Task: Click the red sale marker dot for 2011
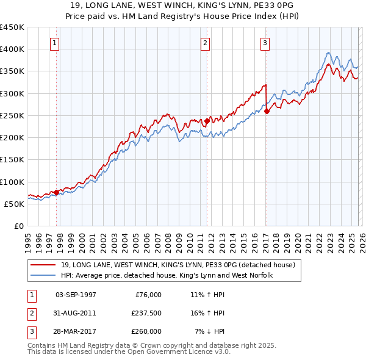click(207, 121)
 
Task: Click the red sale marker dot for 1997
click(56, 192)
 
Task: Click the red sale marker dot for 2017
click(267, 111)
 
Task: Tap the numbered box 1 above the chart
click(56, 43)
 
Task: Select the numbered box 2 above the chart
click(205, 43)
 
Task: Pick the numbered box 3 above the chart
click(265, 43)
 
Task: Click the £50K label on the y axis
click(15, 204)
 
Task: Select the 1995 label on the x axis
click(27, 239)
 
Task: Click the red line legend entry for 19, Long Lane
click(178, 265)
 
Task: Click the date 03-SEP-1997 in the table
click(76, 294)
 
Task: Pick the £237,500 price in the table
click(145, 313)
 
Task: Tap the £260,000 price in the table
click(145, 331)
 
